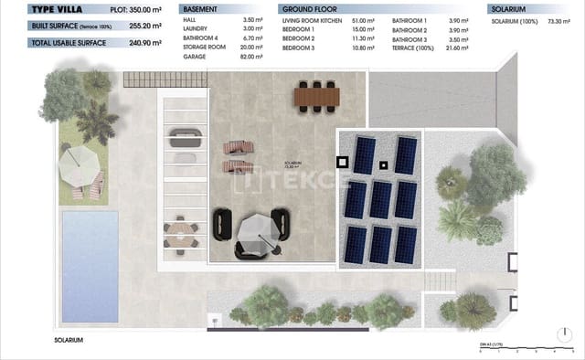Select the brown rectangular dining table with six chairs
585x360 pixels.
click(x=316, y=94)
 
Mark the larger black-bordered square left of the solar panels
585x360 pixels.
click(x=343, y=162)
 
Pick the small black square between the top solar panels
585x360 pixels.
click(x=384, y=165)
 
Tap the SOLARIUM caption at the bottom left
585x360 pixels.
click(x=69, y=339)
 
